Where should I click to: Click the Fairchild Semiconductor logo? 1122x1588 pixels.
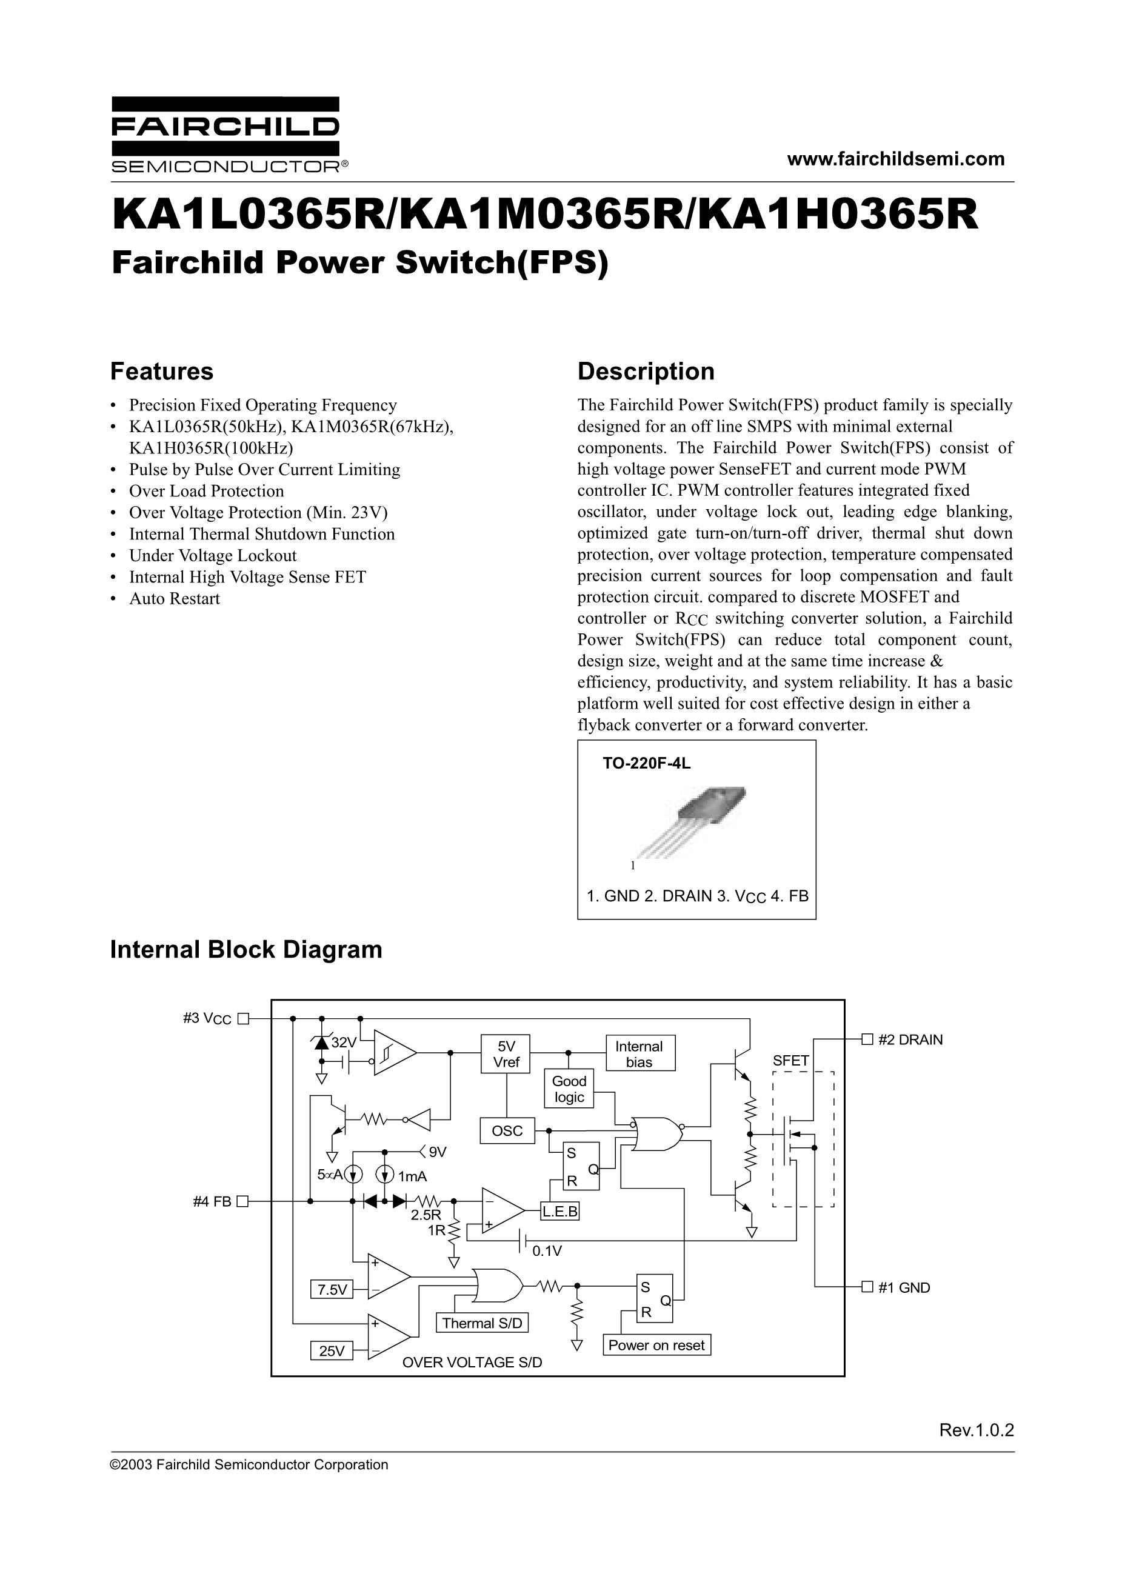(225, 135)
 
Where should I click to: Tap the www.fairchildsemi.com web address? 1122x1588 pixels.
(895, 159)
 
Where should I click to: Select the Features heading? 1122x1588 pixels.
(162, 372)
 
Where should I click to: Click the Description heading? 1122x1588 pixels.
(646, 372)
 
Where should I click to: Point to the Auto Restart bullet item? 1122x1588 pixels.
(175, 599)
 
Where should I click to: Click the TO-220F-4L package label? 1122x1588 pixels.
(646, 764)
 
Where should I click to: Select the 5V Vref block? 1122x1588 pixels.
(506, 1054)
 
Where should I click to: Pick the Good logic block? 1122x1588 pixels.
(569, 1089)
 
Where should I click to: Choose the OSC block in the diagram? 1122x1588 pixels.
(507, 1131)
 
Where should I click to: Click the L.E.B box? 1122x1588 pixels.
(559, 1211)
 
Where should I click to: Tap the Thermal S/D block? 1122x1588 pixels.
(482, 1323)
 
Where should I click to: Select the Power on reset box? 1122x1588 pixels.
(656, 1345)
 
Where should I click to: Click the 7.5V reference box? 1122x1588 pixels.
(332, 1289)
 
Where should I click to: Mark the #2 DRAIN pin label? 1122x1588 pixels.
(910, 1039)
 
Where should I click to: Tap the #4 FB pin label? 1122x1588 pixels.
(212, 1202)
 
